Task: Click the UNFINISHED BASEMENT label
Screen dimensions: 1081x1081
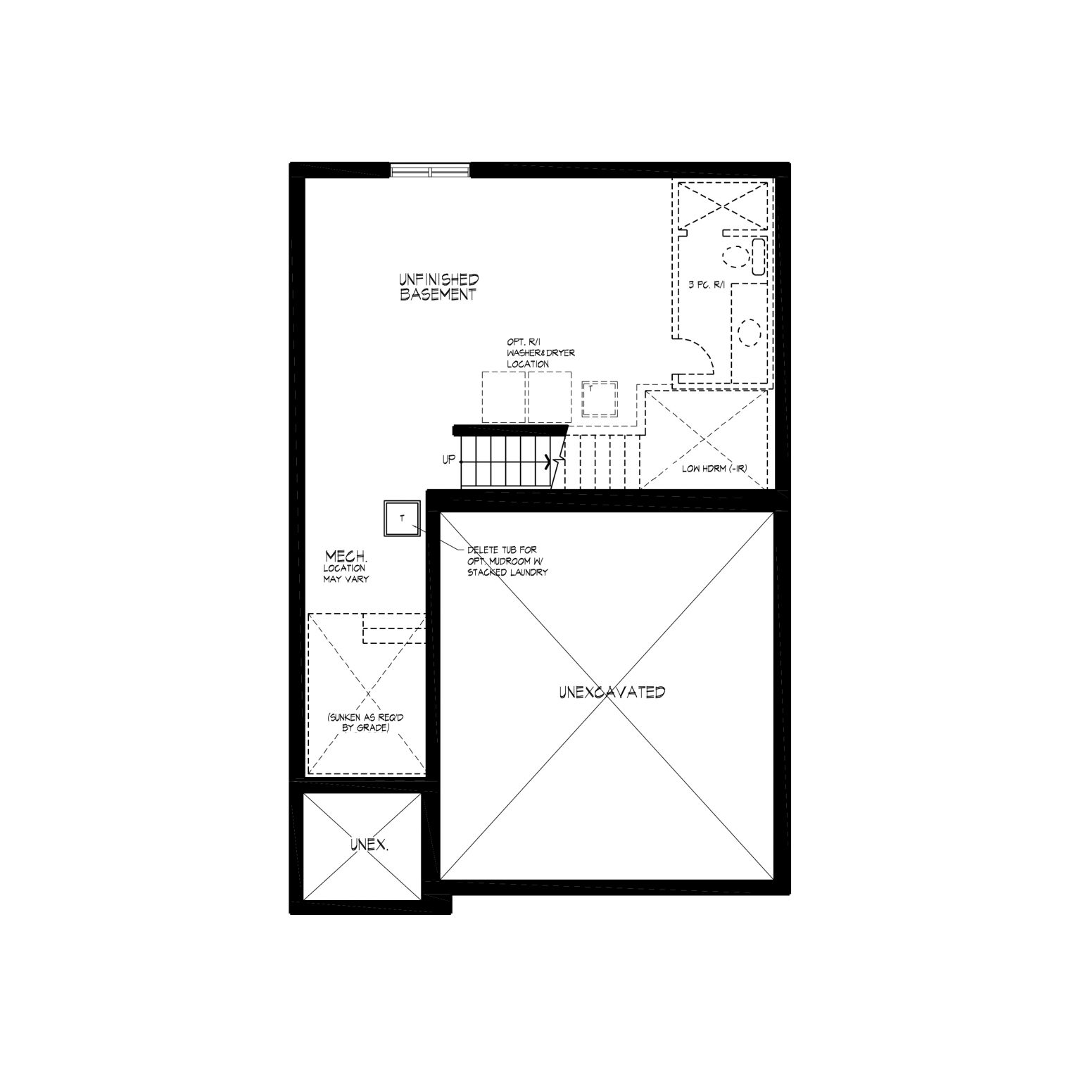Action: pos(439,288)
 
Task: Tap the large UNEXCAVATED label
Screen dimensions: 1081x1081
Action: pos(612,693)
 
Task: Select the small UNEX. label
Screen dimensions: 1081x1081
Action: pos(369,844)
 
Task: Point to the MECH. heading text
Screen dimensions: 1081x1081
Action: pos(345,557)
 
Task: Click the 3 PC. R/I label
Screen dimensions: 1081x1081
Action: pos(705,285)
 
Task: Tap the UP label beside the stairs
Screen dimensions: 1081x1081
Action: pos(448,460)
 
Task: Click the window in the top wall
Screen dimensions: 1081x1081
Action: pos(430,171)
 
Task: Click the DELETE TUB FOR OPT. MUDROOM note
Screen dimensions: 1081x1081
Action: pos(506,561)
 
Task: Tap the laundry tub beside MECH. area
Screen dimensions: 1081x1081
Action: pos(402,519)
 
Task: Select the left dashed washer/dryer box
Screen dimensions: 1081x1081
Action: pos(504,397)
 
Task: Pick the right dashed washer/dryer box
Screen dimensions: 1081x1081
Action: pos(550,397)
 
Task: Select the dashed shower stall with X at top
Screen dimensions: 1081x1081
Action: pos(723,205)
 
